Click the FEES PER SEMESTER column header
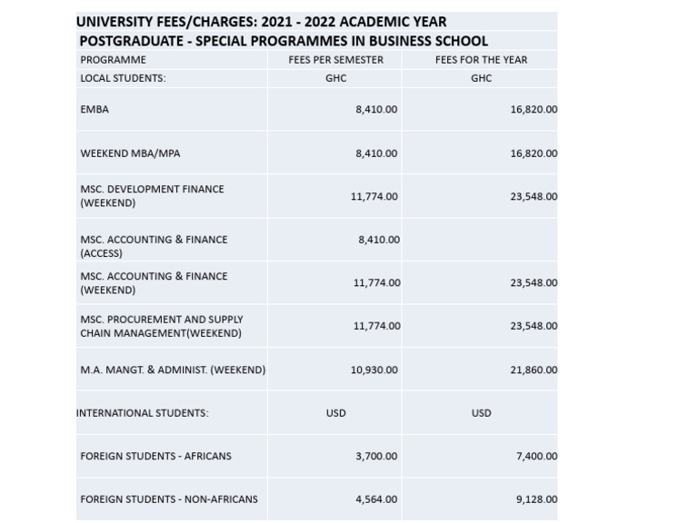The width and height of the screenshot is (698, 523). tap(335, 60)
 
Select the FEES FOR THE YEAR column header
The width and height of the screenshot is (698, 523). tap(481, 60)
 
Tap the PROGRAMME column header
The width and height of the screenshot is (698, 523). tap(113, 60)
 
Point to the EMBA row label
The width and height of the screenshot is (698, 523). tap(95, 109)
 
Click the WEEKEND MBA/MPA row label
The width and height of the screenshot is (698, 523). tap(130, 153)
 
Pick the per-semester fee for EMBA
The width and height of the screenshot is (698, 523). tap(376, 109)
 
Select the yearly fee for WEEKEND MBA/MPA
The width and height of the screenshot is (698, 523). tap(533, 153)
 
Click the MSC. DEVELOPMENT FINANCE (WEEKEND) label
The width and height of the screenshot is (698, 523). tap(152, 196)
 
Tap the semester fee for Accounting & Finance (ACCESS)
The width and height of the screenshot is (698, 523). tap(379, 240)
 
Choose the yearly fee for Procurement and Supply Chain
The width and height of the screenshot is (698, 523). tap(533, 326)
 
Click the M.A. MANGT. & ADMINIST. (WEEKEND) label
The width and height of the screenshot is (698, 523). tap(173, 370)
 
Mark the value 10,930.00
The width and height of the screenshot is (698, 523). tap(374, 370)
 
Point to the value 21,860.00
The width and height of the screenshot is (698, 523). tap(533, 370)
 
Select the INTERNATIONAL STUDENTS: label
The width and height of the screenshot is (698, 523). tap(143, 413)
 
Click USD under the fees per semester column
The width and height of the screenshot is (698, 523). tap(335, 413)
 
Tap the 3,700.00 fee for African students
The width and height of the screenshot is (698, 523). tap(376, 456)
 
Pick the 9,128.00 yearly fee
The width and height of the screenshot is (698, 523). tap(536, 499)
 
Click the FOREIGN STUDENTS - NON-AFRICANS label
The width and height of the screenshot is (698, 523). tap(169, 499)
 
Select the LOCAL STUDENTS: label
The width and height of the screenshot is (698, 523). tap(123, 78)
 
